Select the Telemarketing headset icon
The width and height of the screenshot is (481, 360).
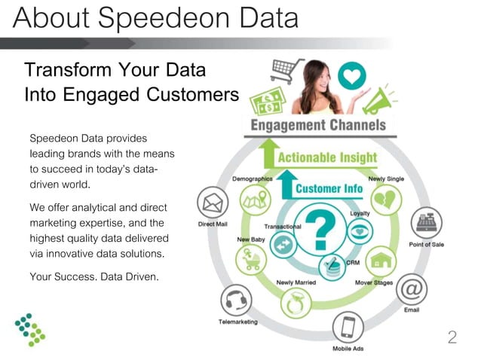pos(236,301)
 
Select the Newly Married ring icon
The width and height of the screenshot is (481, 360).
pos(291,304)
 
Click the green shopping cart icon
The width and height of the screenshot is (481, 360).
pos(286,72)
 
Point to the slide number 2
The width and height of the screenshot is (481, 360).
pos(452,337)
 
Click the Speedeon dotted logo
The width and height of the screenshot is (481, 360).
pos(30,329)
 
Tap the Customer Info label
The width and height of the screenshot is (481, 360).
pos(329,188)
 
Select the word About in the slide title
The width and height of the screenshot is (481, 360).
pos(48,17)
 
